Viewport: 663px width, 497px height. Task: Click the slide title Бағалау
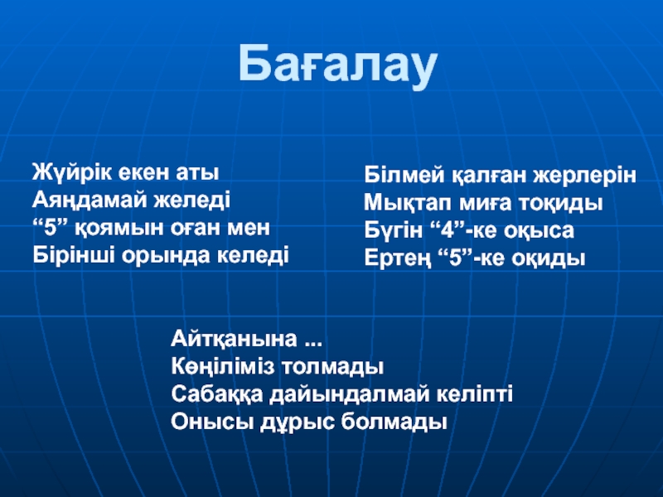[337, 65]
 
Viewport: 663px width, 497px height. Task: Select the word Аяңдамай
[90, 200]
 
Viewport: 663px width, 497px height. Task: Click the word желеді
[192, 200]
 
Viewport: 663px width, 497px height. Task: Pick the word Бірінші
[74, 255]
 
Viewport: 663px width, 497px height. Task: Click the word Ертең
[398, 258]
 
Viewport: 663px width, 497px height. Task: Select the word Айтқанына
[234, 340]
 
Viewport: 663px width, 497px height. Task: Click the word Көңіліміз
[224, 367]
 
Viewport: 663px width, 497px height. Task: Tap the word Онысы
[212, 422]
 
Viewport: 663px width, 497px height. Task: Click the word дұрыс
[297, 422]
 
